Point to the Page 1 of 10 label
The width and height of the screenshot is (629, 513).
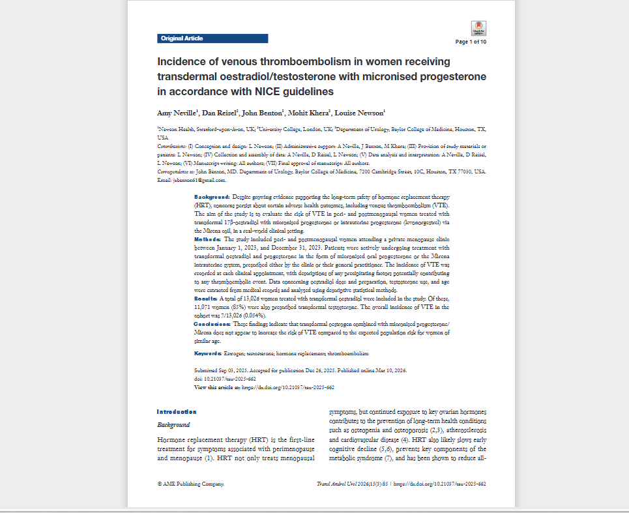click(x=471, y=42)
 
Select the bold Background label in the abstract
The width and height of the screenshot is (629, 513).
click(x=212, y=196)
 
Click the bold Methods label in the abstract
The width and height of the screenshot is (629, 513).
click(x=209, y=240)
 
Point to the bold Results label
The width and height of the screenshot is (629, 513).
click(x=208, y=297)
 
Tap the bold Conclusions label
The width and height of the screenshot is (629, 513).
click(x=212, y=323)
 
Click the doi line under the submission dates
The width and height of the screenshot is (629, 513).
click(x=225, y=379)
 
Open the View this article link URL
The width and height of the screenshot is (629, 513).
click(x=288, y=387)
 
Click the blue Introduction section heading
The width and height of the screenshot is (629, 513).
click(x=177, y=412)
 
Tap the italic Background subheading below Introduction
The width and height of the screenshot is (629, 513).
click(x=173, y=425)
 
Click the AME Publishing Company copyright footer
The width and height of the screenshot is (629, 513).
click(x=191, y=484)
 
